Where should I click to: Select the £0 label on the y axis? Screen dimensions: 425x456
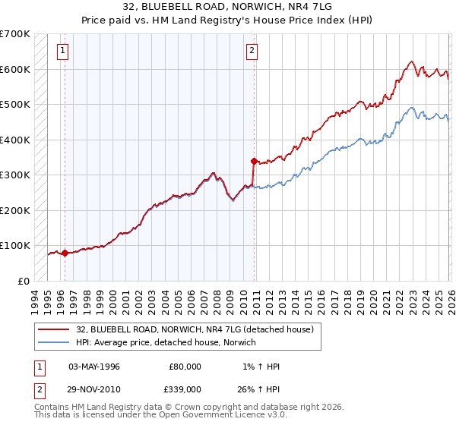click(x=24, y=281)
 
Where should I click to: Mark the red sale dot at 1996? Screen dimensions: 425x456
click(x=65, y=253)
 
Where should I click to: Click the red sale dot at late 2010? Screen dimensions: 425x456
click(x=254, y=161)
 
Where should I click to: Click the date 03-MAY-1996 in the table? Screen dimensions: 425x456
click(x=94, y=367)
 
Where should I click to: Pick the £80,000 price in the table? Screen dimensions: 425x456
click(x=185, y=367)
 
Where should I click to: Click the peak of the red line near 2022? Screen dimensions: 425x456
click(x=410, y=61)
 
